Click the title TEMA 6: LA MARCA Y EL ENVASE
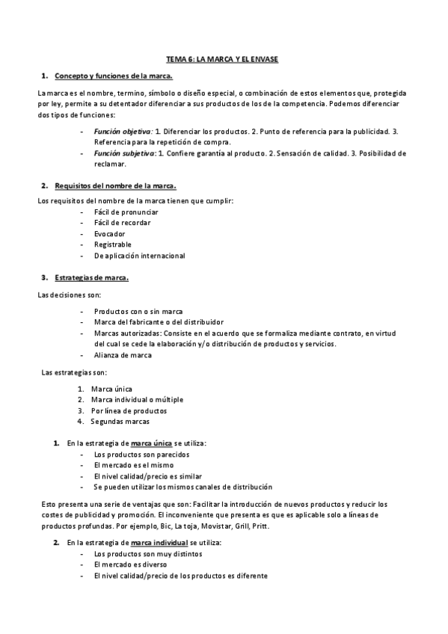pyautogui.click(x=223, y=58)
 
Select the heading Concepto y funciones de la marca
pyautogui.click(x=114, y=76)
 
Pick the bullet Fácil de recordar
pyautogui.click(x=123, y=223)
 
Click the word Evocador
pyautogui.click(x=110, y=234)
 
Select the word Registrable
pyautogui.click(x=113, y=244)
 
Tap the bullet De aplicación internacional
pyautogui.click(x=140, y=256)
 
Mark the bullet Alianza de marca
pyautogui.click(x=123, y=355)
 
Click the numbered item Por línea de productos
pyautogui.click(x=129, y=410)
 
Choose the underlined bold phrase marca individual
pyautogui.click(x=159, y=542)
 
